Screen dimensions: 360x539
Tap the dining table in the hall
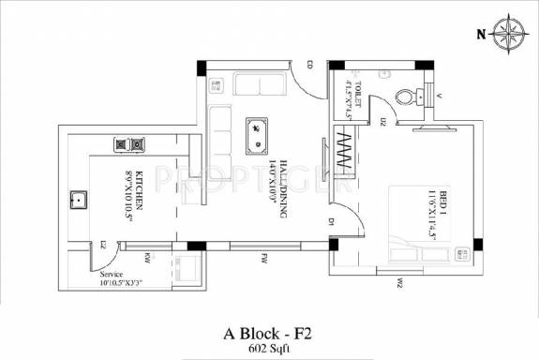253,136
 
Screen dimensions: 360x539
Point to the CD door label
308,65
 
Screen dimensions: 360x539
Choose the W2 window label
398,282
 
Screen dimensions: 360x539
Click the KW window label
147,256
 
